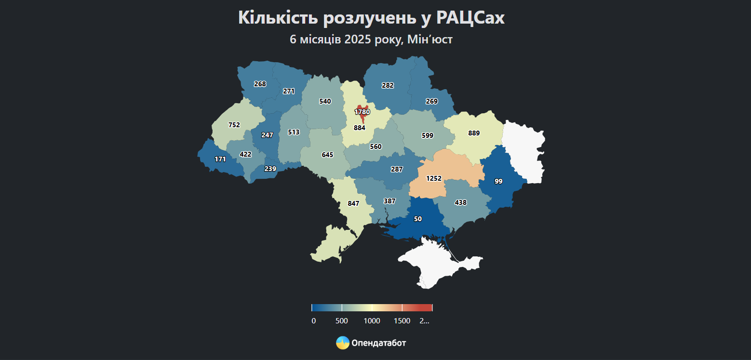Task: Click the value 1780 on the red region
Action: pyautogui.click(x=362, y=112)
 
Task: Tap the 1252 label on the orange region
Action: pyautogui.click(x=433, y=178)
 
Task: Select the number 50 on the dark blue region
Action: pyautogui.click(x=418, y=219)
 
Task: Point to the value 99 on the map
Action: pyautogui.click(x=498, y=181)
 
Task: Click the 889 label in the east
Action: pyautogui.click(x=474, y=133)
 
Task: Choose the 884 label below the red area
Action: pyautogui.click(x=359, y=128)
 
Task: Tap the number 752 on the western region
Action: pyautogui.click(x=234, y=125)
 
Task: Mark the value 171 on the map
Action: pyautogui.click(x=220, y=159)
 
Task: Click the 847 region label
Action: pyautogui.click(x=353, y=204)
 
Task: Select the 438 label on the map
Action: pyautogui.click(x=460, y=203)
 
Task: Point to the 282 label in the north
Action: pyautogui.click(x=388, y=85)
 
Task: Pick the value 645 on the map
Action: pyautogui.click(x=327, y=155)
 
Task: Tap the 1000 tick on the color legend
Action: pyautogui.click(x=372, y=321)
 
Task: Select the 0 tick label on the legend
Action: pyautogui.click(x=314, y=321)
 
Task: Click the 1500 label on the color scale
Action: pyautogui.click(x=402, y=321)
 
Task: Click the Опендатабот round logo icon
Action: pyautogui.click(x=342, y=343)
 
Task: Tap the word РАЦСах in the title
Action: pyautogui.click(x=470, y=18)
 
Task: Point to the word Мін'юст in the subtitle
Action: pyautogui.click(x=429, y=40)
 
